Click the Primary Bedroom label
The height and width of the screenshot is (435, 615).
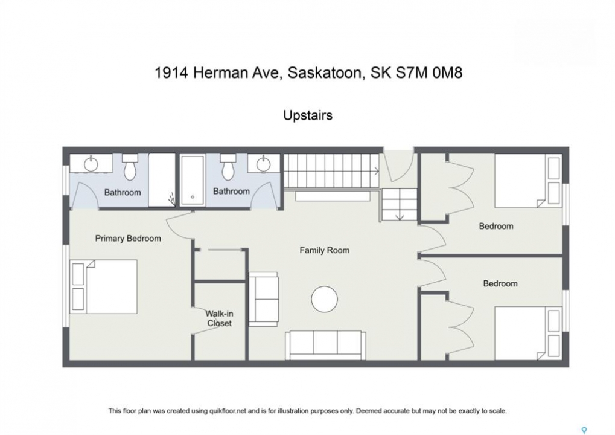pos(128,238)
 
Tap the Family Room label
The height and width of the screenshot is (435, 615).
pos(324,250)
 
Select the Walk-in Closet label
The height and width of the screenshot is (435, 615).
pos(219,318)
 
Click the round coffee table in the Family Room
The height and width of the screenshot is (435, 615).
pos(324,299)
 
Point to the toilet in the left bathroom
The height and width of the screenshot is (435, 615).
pos(130,167)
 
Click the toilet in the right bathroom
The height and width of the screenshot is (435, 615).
pos(228,167)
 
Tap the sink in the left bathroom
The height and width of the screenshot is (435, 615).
pos(91,163)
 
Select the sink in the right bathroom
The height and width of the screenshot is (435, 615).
pos(263,163)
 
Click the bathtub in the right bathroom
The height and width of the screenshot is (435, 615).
pos(193,180)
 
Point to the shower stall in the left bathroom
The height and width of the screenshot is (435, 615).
pos(162,180)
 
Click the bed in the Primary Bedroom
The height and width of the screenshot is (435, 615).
pos(104,286)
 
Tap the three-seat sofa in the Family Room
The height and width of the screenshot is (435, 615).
pos(325,346)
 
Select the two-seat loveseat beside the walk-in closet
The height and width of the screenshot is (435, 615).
pos(264,299)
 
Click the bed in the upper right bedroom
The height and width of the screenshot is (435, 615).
pos(528,181)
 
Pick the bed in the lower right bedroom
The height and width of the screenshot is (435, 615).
pos(528,333)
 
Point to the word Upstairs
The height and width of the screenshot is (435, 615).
pos(308,115)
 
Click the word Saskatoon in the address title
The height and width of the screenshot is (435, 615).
pos(325,72)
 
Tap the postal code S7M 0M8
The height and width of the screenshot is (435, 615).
pos(429,72)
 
